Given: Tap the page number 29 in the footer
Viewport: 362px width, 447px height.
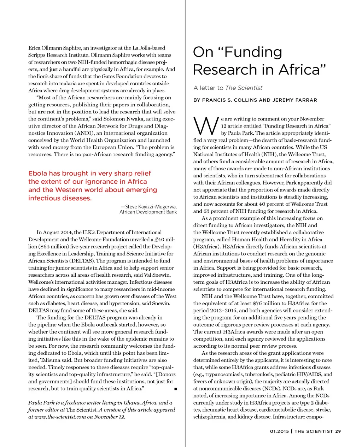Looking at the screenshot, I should (338, 431).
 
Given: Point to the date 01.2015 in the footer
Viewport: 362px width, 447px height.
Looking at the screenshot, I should (279, 431).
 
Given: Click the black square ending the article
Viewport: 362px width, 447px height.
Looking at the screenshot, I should (175, 389).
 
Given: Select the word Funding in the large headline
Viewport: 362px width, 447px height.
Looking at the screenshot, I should (253, 52).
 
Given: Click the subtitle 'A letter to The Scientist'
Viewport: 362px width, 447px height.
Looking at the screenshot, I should (228, 88).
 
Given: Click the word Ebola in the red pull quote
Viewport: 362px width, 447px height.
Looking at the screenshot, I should (38, 173).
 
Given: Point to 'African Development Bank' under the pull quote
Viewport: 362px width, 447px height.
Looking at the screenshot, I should (148, 212).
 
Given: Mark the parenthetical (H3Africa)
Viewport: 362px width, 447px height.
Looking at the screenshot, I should (207, 247).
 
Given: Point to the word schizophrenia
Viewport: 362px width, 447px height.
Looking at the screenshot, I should (209, 417).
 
